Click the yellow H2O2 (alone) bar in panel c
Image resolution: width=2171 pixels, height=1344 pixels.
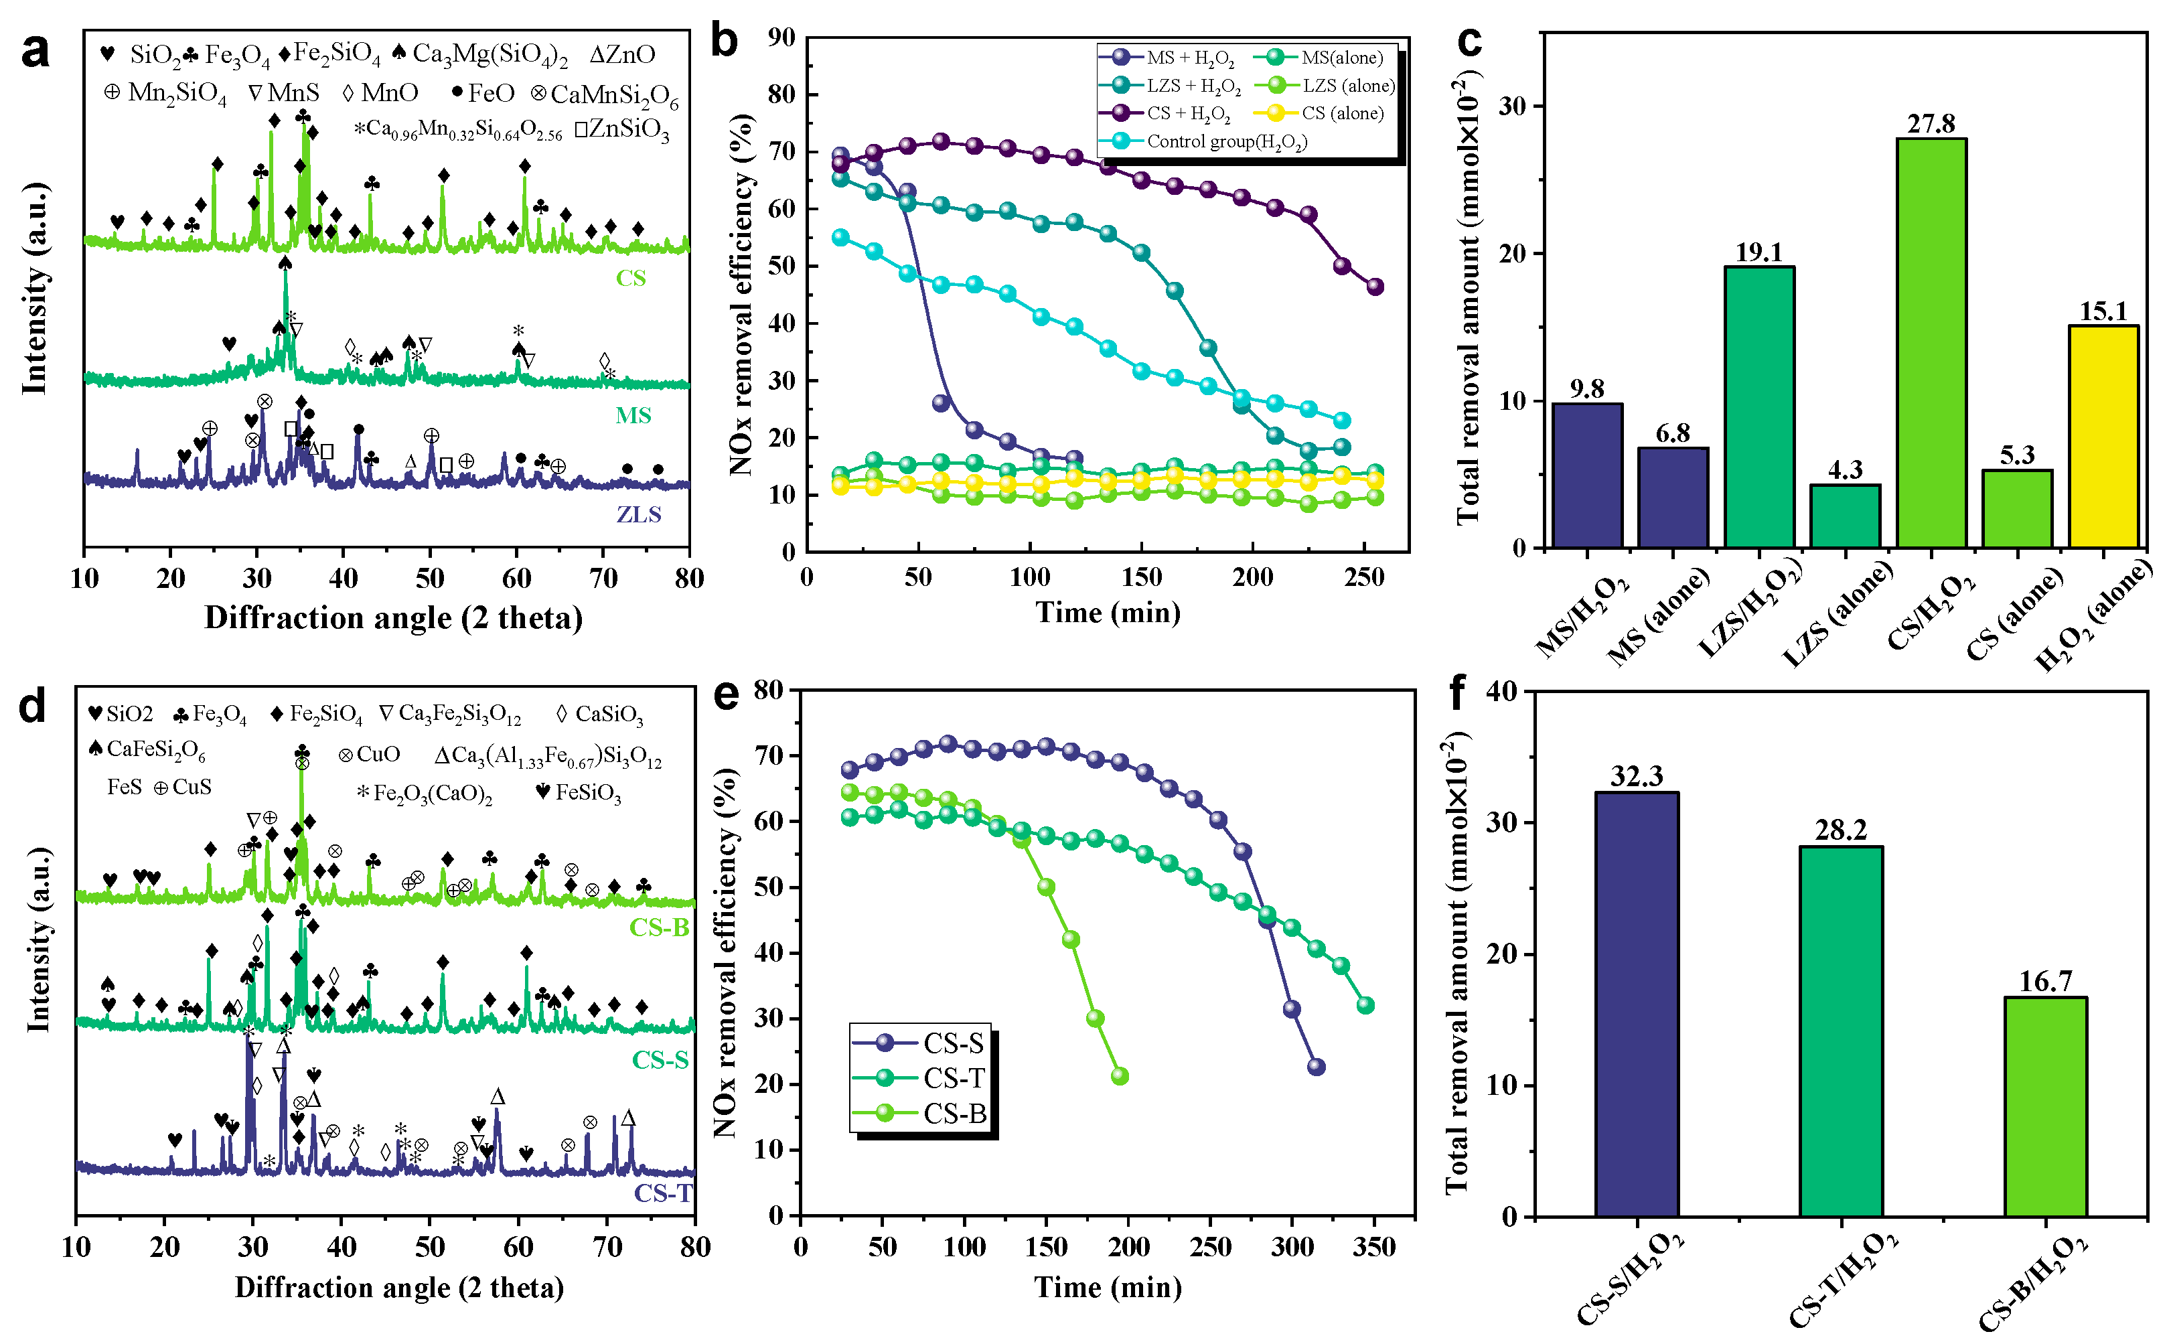pyautogui.click(x=2103, y=435)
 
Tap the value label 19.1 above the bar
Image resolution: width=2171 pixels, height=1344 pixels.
pyautogui.click(x=1758, y=252)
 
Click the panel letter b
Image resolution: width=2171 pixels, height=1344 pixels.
pyautogui.click(x=725, y=42)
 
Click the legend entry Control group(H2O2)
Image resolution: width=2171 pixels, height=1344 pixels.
pyautogui.click(x=1226, y=141)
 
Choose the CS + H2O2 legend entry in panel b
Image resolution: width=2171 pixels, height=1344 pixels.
pyautogui.click(x=1188, y=114)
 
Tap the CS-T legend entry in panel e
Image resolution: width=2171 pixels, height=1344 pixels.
pyautogui.click(x=954, y=1078)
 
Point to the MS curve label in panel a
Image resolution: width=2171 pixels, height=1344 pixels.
pyautogui.click(x=633, y=415)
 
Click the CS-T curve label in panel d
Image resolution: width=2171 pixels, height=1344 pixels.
pyautogui.click(x=662, y=1192)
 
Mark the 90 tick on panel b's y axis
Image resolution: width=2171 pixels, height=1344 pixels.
pyautogui.click(x=781, y=38)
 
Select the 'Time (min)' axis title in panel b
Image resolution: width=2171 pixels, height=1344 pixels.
pyautogui.click(x=1108, y=613)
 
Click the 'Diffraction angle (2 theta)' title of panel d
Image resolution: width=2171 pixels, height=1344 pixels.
pyautogui.click(x=399, y=1287)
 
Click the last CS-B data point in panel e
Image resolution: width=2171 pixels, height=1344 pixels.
pyautogui.click(x=1120, y=1076)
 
